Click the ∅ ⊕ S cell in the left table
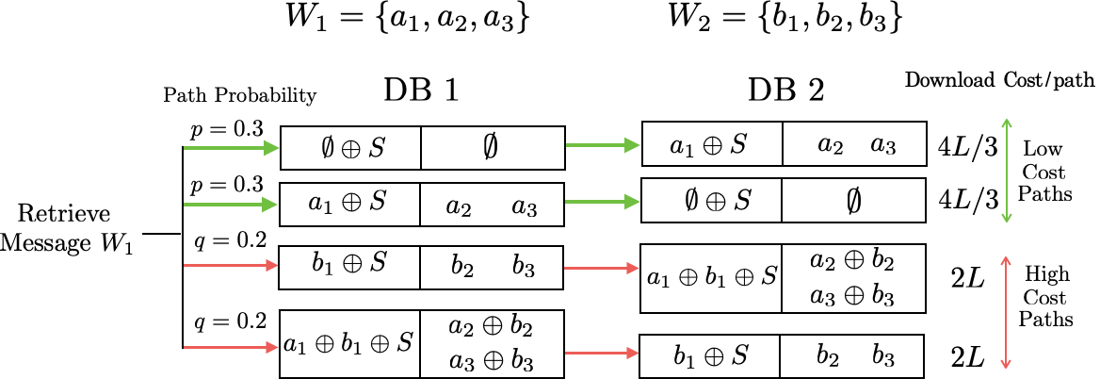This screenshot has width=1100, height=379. point(351,148)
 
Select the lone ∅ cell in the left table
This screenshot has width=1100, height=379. point(492,147)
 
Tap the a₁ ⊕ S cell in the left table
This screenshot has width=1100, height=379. point(349,204)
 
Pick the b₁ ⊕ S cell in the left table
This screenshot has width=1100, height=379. point(349,266)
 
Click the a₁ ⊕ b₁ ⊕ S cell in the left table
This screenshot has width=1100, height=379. point(349,344)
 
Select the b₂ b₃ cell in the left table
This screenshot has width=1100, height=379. point(492,268)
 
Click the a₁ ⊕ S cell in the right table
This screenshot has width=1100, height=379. point(711,144)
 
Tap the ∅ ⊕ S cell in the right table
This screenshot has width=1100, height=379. point(711,201)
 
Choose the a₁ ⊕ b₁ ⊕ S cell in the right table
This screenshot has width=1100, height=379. point(711,277)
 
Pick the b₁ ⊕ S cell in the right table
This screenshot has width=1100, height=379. point(710,356)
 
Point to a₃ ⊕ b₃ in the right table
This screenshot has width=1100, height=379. point(851,295)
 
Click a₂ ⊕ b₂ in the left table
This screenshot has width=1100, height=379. point(491,328)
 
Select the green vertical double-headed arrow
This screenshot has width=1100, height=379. point(1007,171)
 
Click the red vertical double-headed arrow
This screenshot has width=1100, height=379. point(1006,312)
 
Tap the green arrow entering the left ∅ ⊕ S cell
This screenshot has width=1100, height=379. point(232,148)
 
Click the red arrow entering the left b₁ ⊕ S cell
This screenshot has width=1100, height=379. point(232,266)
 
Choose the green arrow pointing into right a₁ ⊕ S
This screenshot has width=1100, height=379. point(603,145)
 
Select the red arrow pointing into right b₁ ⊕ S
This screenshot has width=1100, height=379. point(602,354)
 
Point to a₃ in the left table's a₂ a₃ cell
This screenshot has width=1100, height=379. point(524,207)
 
